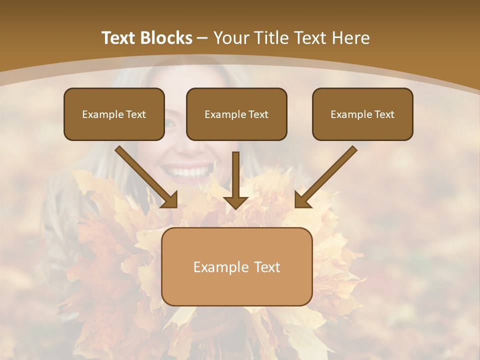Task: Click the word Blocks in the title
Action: coord(166,38)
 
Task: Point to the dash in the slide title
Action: coord(202,38)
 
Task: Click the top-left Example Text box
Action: coord(114,114)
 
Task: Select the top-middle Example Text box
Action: coord(236,114)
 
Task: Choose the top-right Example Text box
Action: coord(362,114)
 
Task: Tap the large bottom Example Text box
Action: coord(236,266)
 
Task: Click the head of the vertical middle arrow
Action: coord(236,202)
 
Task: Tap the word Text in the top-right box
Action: coord(384,114)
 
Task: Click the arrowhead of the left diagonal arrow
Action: coord(170,200)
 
